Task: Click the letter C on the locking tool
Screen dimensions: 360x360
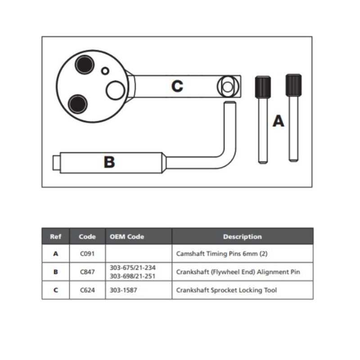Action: click(177, 86)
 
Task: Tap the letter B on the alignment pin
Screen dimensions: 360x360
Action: click(109, 162)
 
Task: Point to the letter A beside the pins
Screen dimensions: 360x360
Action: click(279, 121)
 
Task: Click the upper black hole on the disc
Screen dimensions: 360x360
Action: click(84, 65)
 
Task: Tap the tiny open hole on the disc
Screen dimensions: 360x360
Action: click(105, 71)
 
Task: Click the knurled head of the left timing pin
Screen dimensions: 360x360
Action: click(262, 87)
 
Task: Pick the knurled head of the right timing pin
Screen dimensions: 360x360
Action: click(293, 84)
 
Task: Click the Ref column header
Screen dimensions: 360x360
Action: click(56, 236)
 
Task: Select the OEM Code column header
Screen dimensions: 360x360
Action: click(127, 236)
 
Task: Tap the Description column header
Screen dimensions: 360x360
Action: click(242, 236)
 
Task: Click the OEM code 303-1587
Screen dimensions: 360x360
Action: click(123, 290)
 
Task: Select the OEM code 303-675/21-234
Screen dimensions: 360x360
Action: click(133, 268)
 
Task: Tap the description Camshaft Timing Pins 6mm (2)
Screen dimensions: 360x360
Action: click(221, 254)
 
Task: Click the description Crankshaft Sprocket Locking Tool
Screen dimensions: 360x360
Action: click(226, 290)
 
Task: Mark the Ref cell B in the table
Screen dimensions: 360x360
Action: click(56, 272)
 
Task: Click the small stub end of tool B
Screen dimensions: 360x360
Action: click(55, 162)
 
